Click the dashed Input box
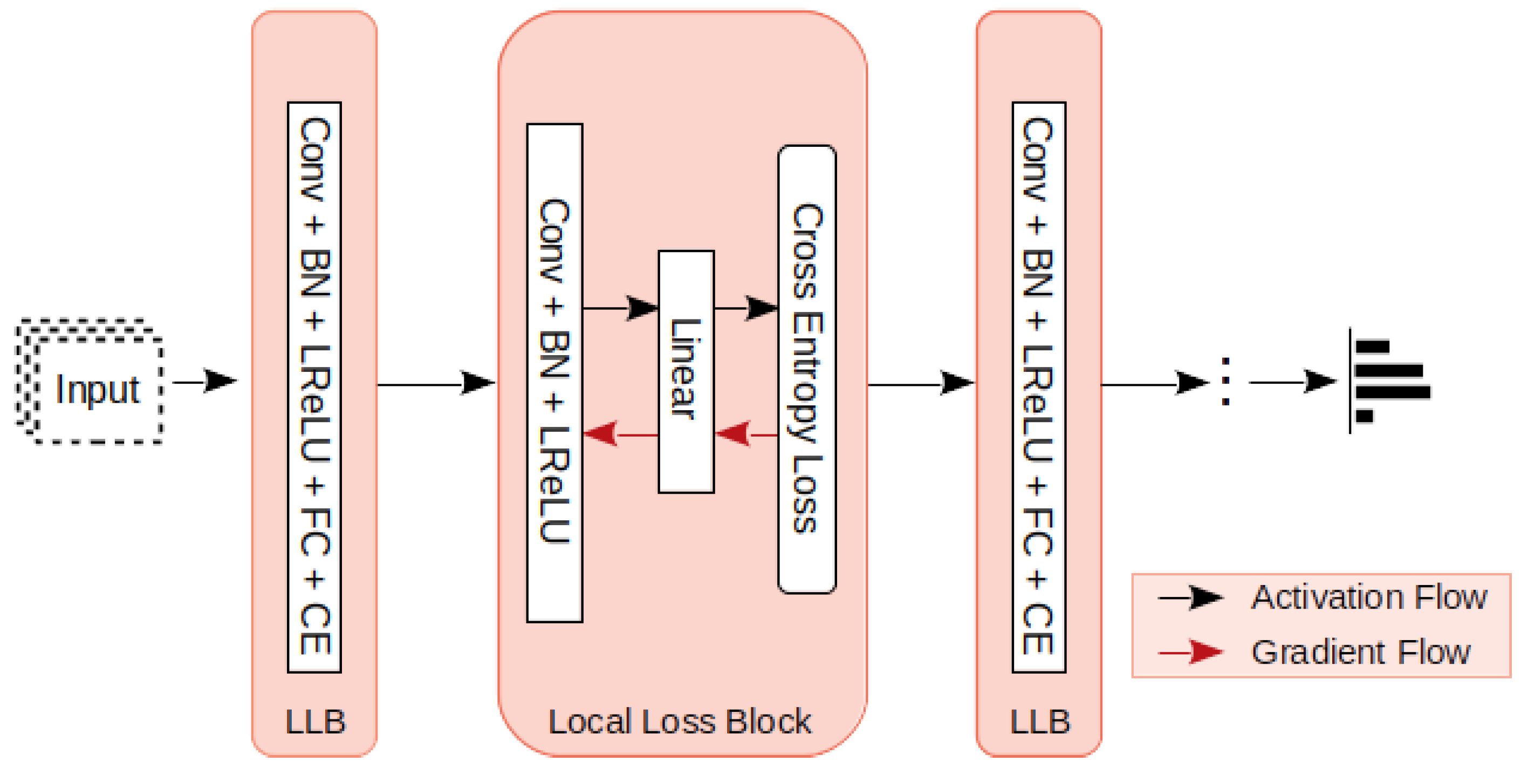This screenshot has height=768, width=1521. coord(98,390)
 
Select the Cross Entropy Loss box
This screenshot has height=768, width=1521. coord(806,369)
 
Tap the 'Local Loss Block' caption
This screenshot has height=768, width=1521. coord(680,722)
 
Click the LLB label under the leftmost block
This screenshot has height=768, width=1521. coord(314,722)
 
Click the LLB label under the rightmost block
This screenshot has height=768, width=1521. coord(1040,722)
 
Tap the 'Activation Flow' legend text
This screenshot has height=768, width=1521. coord(1369,597)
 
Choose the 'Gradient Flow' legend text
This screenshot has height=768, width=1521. coord(1360,652)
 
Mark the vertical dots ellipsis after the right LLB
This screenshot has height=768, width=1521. coord(1226,382)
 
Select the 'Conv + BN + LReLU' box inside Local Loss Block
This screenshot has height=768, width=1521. coord(554,372)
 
